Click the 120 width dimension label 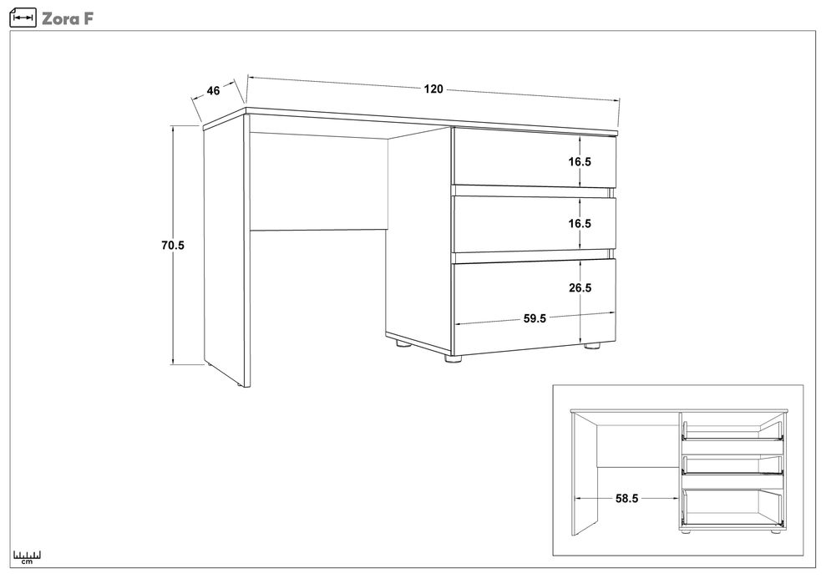(x=433, y=89)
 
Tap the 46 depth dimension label (x=213, y=91)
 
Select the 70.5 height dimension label (x=173, y=245)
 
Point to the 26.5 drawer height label (x=580, y=287)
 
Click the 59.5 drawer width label (x=535, y=318)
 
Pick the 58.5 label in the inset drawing (x=626, y=498)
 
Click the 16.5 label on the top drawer (x=580, y=162)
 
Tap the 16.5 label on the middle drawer (x=580, y=223)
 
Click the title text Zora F (x=68, y=19)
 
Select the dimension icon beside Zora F (x=23, y=18)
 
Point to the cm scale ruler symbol (x=27, y=557)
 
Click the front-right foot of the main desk (x=593, y=347)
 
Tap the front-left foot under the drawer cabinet (x=453, y=359)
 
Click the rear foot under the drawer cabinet (x=403, y=345)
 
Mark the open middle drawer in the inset (x=732, y=464)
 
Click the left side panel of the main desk (x=224, y=252)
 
